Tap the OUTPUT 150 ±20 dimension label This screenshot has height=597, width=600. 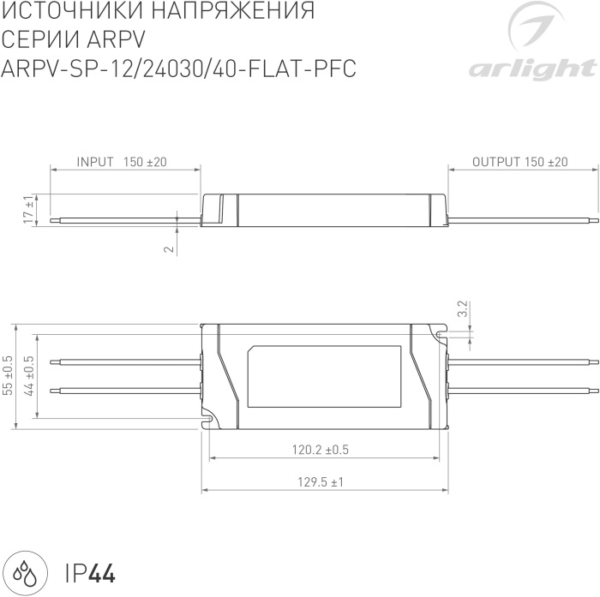519,162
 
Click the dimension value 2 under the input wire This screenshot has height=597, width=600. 169,249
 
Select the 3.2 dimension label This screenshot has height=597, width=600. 462,309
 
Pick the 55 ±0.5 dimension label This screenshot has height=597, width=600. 9,375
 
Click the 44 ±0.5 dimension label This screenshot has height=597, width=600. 29,375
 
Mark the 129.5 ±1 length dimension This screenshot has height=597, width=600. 320,482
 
